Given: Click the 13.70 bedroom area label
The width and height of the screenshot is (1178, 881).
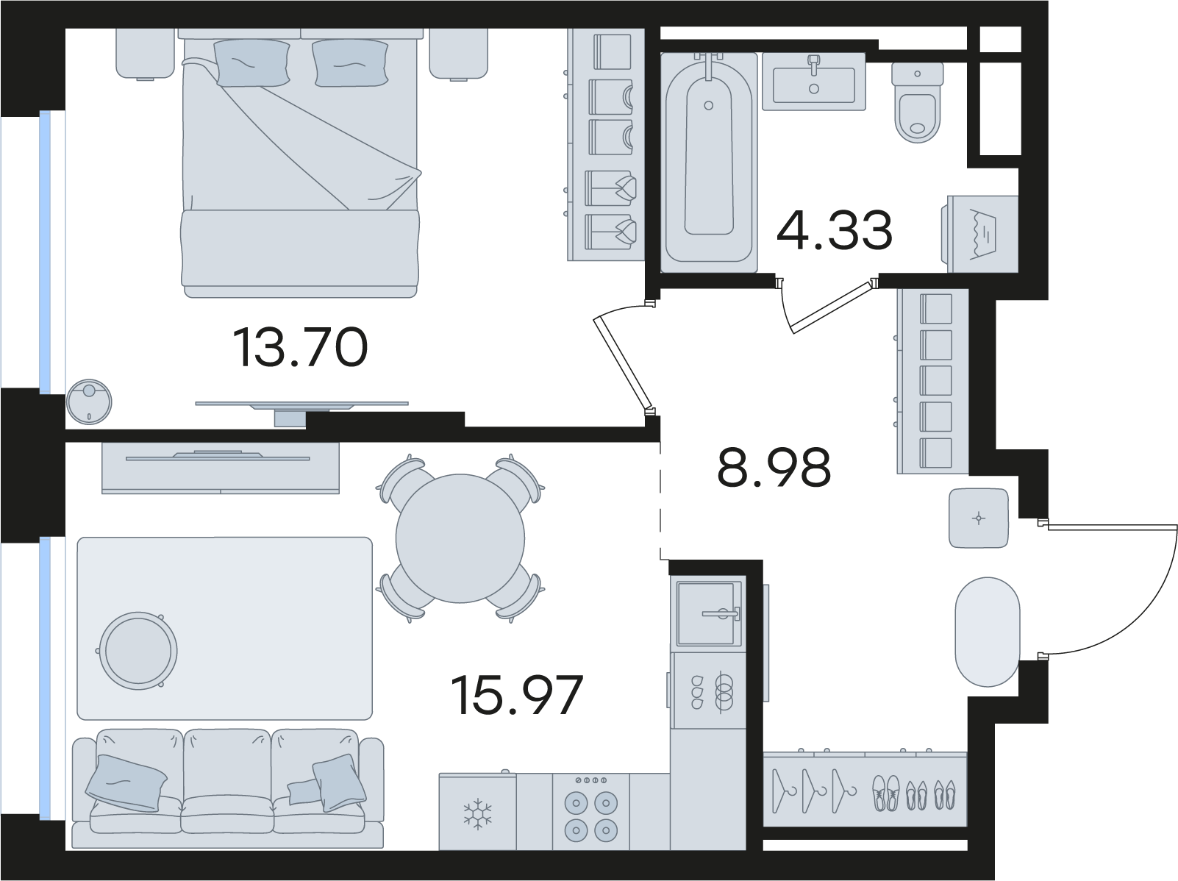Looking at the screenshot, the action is pos(301,348).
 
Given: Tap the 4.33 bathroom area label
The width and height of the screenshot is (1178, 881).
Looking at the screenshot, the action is pos(834,230).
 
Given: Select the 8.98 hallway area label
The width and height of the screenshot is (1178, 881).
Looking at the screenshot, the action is pos(774,467).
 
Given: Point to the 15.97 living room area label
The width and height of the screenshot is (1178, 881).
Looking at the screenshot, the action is pos(517,696).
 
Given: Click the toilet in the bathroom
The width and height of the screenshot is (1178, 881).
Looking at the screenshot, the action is pos(917,102).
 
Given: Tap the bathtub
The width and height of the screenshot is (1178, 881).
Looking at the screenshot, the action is pos(708,162).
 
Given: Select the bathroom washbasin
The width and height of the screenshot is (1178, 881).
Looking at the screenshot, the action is pos(813,82).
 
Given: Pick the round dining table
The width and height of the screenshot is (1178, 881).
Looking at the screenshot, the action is pos(460,539).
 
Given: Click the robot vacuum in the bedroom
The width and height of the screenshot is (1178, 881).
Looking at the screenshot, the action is pos(89,402).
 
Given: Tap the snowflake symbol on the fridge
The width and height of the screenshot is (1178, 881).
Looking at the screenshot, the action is pos(477,812).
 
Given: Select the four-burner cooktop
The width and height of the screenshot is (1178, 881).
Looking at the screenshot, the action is pos(590,811).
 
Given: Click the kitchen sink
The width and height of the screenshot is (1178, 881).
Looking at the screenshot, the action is pos(708,614).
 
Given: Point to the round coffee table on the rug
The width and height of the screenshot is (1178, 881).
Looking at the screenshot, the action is pos(138,651).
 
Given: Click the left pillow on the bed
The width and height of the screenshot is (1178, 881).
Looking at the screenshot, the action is pos(251,63).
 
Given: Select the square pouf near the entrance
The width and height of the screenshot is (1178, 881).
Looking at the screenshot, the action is pos(978,518).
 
